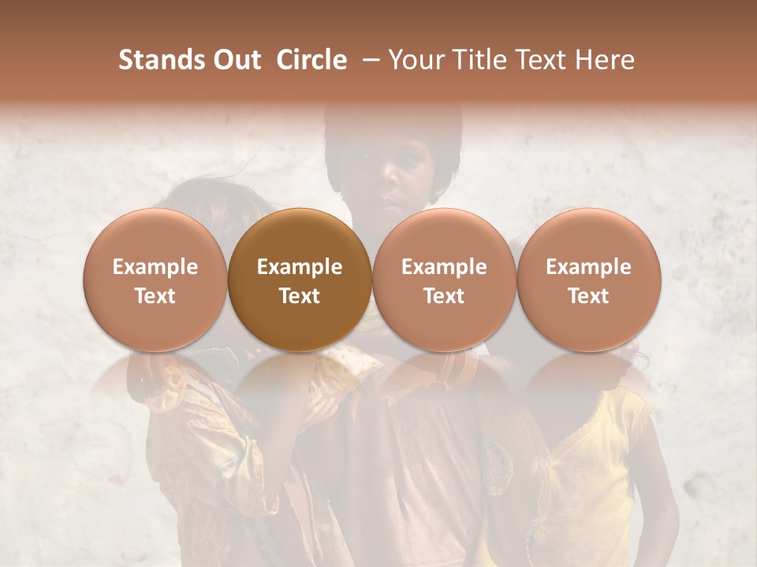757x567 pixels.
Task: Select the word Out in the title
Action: [236, 60]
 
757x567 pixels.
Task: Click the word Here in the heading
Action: [602, 60]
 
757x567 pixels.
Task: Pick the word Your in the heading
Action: [416, 60]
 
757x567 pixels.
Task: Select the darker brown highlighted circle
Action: [300, 280]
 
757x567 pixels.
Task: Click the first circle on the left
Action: [155, 280]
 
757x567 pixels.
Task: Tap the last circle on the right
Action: [589, 280]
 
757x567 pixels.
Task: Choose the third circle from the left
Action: [444, 280]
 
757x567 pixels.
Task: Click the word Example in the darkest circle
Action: [300, 267]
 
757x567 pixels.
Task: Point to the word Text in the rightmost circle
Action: [589, 296]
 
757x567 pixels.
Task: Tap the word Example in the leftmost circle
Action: [155, 267]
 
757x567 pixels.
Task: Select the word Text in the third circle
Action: [444, 296]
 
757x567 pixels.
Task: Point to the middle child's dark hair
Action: [394, 130]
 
